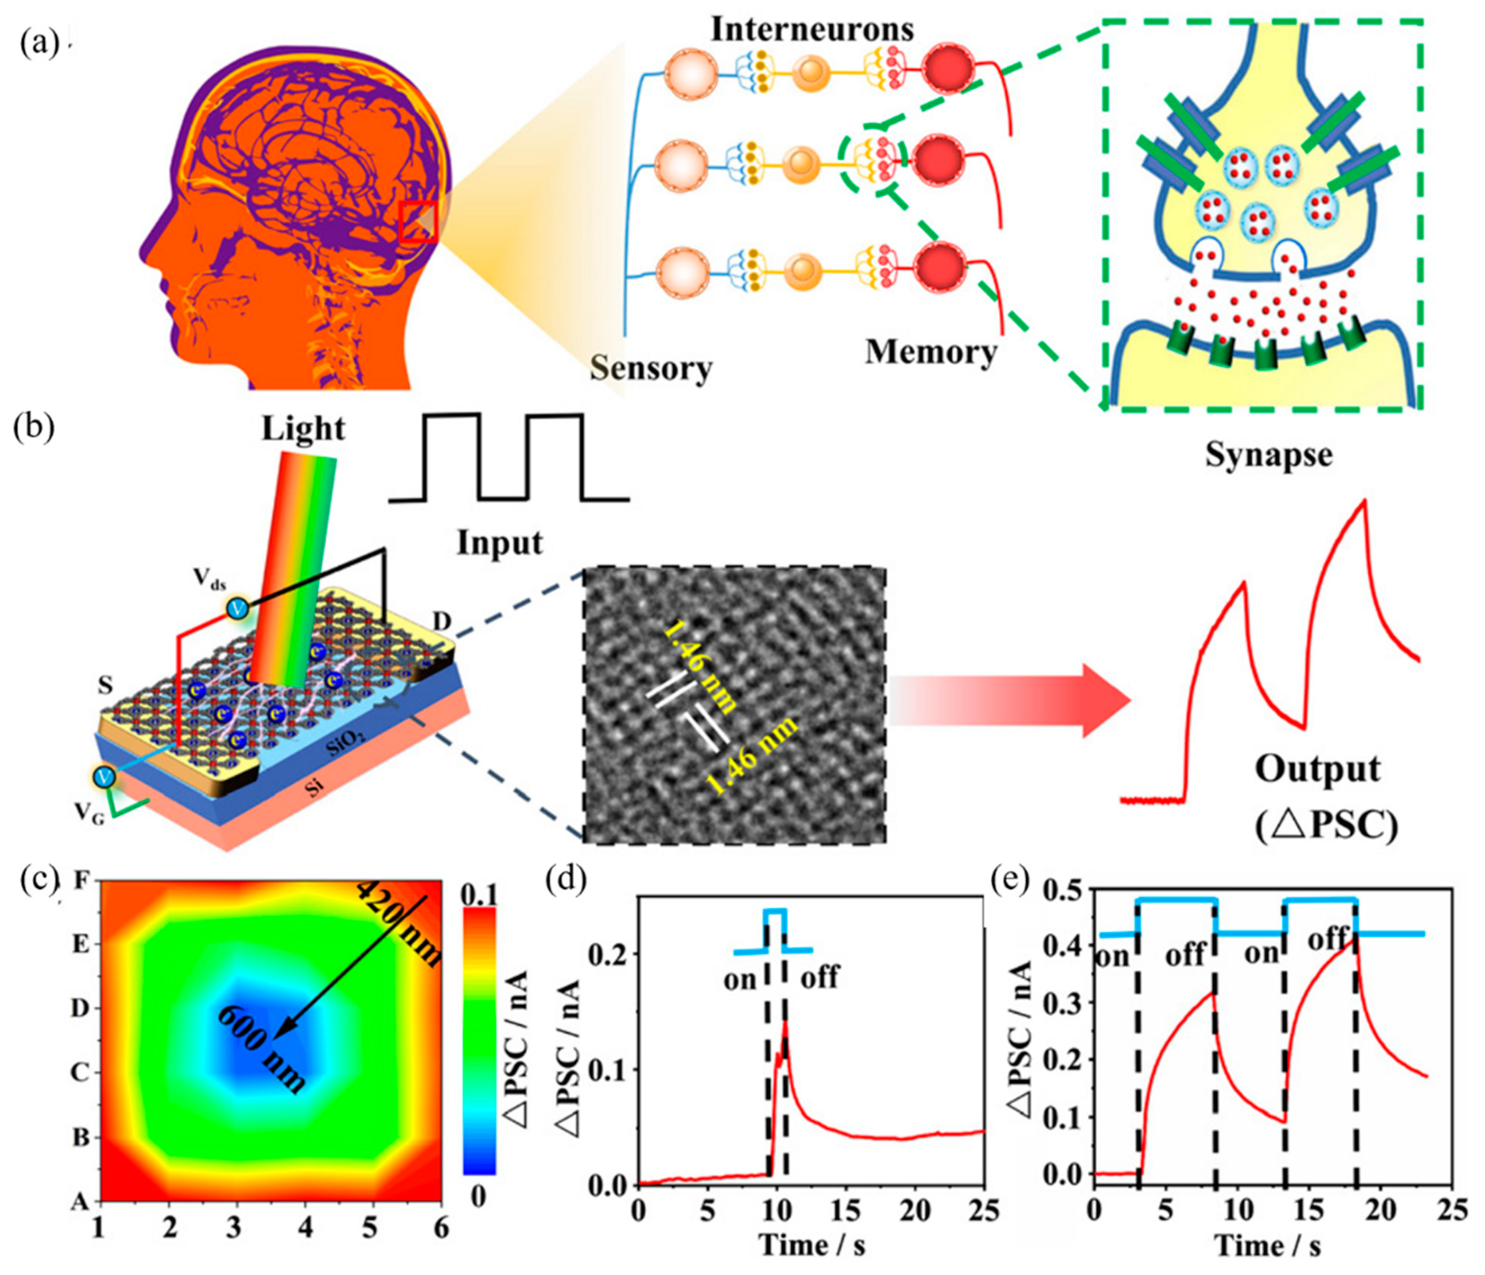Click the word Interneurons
click(x=812, y=29)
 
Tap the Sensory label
click(x=651, y=368)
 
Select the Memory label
click(x=931, y=352)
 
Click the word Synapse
click(x=1269, y=454)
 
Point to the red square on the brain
click(x=417, y=222)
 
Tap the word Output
click(x=1317, y=770)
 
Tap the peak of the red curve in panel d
click(x=785, y=1021)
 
